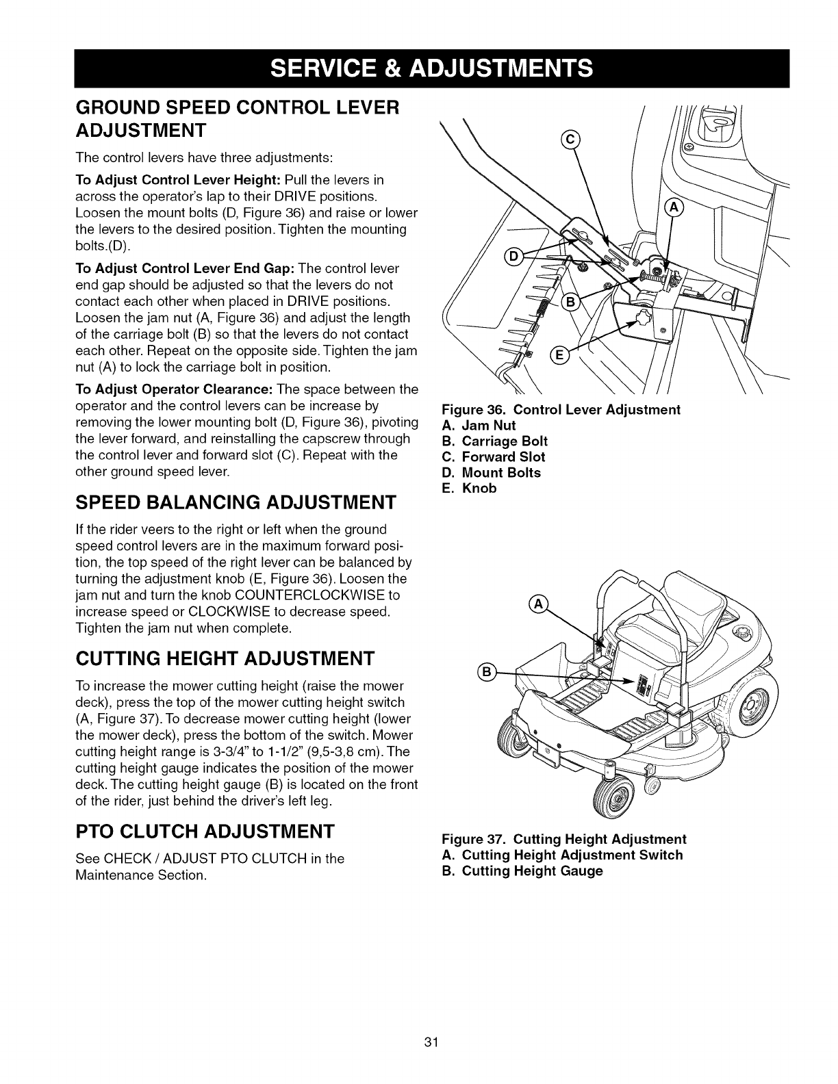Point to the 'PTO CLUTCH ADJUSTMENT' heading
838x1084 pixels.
click(x=205, y=831)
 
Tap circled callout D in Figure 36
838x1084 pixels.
click(x=513, y=257)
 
